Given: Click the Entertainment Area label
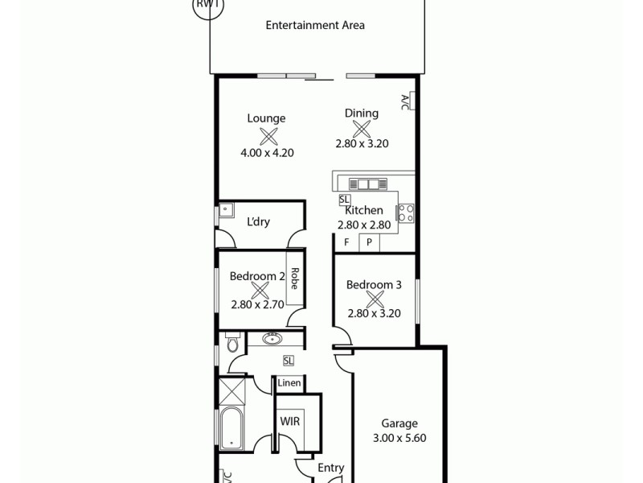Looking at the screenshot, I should point(315,25).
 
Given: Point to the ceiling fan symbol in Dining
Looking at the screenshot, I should point(361,129).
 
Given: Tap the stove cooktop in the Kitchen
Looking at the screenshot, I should point(406,213).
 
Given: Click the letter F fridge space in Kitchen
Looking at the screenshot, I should point(346,242).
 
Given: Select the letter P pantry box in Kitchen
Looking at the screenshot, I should point(369,242).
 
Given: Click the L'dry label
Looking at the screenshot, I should point(257,222).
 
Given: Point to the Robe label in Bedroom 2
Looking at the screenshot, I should point(295,279).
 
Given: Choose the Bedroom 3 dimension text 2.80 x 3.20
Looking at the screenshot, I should point(373,314).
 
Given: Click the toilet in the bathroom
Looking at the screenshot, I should point(232,344).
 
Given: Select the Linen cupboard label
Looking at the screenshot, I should point(289,383).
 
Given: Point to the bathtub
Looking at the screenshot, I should point(231,428).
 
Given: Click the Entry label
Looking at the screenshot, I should point(330,468).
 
